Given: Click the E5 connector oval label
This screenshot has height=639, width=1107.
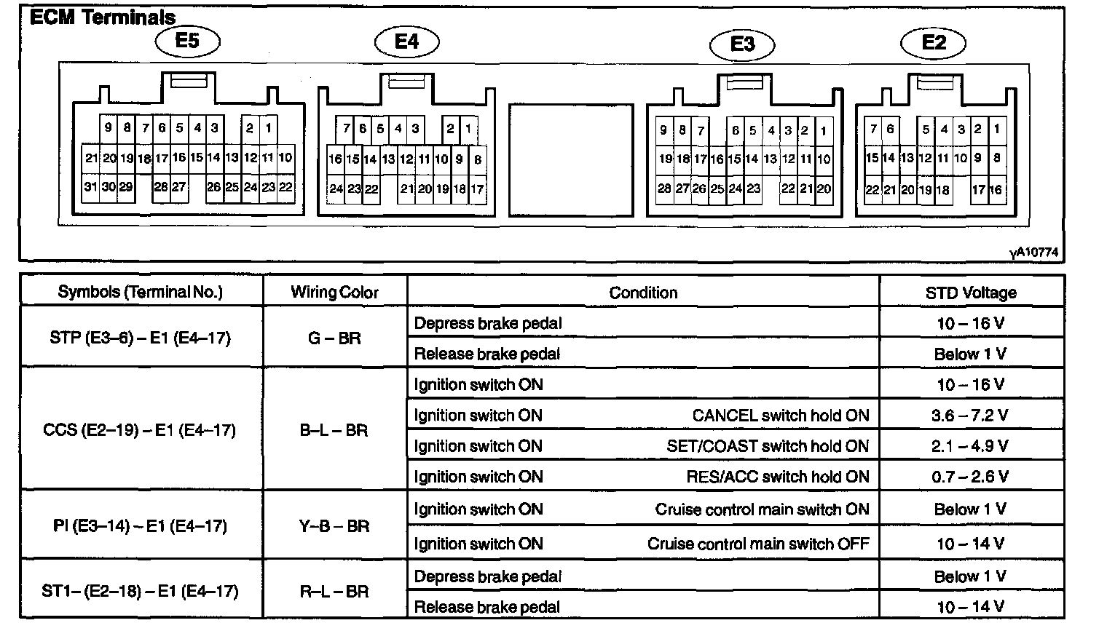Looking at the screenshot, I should pyautogui.click(x=187, y=41).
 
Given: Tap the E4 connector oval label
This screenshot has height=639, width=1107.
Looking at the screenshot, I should pyautogui.click(x=406, y=41).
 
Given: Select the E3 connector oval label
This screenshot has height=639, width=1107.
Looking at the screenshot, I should pyautogui.click(x=742, y=44).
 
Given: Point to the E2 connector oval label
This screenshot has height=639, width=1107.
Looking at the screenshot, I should pyautogui.click(x=934, y=42).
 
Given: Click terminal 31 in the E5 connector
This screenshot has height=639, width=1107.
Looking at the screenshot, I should pyautogui.click(x=90, y=187).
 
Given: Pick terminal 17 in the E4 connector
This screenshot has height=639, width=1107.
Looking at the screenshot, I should pyautogui.click(x=477, y=189).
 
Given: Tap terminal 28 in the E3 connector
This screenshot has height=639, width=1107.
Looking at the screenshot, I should pyautogui.click(x=664, y=188).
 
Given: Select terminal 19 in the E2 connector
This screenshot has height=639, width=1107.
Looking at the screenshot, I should pyautogui.click(x=925, y=190).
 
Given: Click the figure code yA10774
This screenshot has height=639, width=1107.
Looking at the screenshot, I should pyautogui.click(x=1033, y=253).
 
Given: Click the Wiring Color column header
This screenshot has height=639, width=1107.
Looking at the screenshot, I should pyautogui.click(x=334, y=293).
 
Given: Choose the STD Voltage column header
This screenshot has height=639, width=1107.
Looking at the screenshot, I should pyautogui.click(x=971, y=293).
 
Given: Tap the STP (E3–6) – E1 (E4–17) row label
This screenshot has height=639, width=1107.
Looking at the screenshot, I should pyautogui.click(x=141, y=338).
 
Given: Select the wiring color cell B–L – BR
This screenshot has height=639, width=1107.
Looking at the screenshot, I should pyautogui.click(x=334, y=430).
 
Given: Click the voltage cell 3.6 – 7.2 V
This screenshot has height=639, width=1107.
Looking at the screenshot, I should pyautogui.click(x=970, y=415).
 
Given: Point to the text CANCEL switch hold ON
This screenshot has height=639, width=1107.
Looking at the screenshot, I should pyautogui.click(x=781, y=416).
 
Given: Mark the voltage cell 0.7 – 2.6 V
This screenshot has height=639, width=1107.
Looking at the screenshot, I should pyautogui.click(x=970, y=477).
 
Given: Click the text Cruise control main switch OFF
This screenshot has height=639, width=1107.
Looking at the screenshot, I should pyautogui.click(x=758, y=544).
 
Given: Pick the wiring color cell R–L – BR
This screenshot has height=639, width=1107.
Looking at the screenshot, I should pyautogui.click(x=334, y=592).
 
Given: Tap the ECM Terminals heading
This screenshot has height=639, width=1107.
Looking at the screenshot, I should pyautogui.click(x=103, y=17).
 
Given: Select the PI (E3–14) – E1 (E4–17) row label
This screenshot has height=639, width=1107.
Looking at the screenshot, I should pyautogui.click(x=141, y=525).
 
